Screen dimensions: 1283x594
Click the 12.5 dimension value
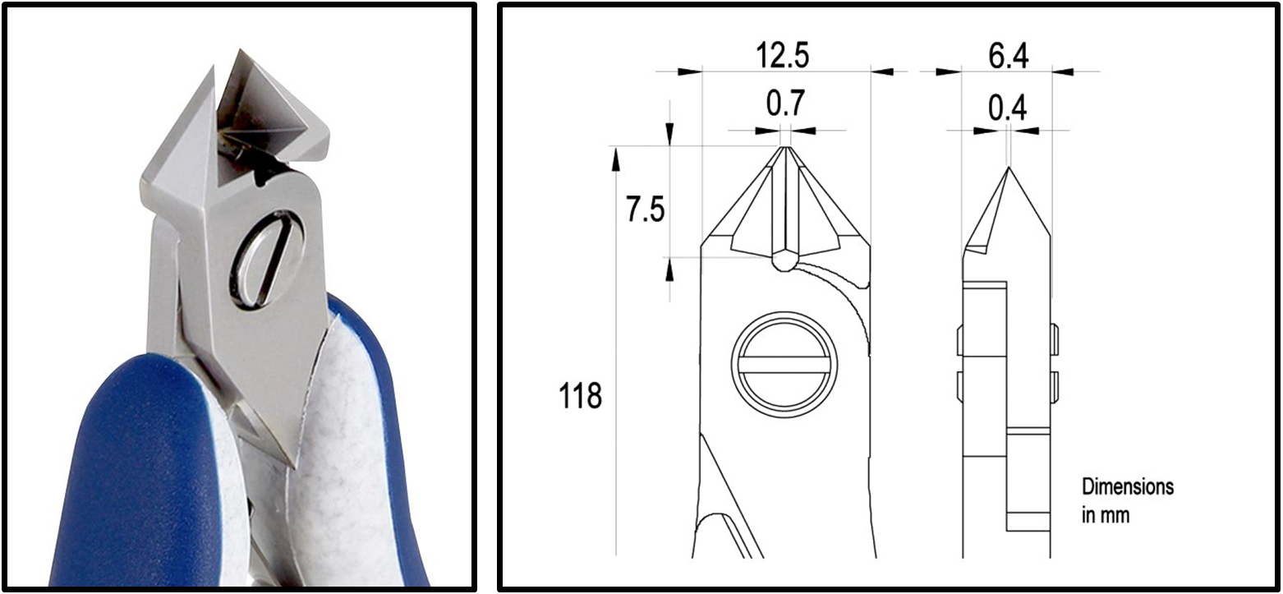[x=783, y=56]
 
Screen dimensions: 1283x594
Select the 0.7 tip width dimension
[x=786, y=103]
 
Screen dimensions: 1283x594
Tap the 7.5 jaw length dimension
[x=646, y=209]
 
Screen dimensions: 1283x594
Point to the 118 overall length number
[x=580, y=396]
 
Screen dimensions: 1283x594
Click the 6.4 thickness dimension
[x=1008, y=56]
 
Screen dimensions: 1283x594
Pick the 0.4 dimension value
[x=1008, y=108]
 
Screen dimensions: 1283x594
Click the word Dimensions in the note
[x=1128, y=487]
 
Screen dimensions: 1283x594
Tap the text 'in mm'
[x=1106, y=515]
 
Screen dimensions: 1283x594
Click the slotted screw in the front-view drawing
[x=784, y=365]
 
